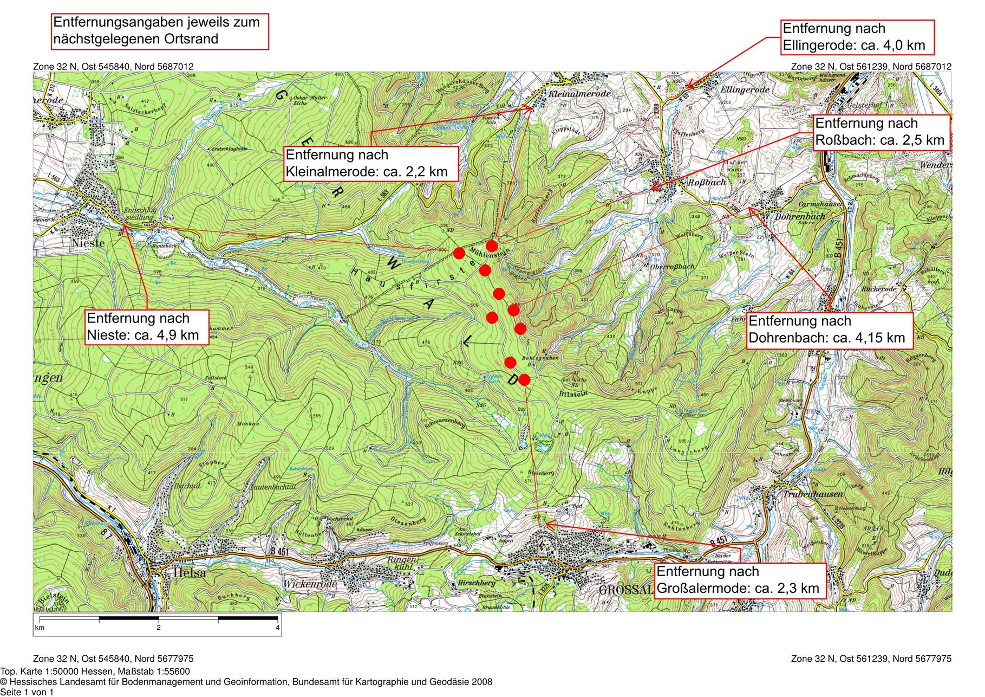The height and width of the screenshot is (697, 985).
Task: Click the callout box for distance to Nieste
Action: point(146,327)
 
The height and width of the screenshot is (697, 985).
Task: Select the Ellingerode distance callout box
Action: point(858,37)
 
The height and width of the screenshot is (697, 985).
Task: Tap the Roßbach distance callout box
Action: point(882,132)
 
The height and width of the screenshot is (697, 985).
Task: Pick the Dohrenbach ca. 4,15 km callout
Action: point(829,330)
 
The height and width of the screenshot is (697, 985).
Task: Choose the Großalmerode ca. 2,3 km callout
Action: point(740,580)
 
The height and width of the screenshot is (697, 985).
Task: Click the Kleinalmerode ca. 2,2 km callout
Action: point(371,163)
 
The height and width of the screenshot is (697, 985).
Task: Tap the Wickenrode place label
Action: point(310,584)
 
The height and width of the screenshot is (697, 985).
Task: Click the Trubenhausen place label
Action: point(812,494)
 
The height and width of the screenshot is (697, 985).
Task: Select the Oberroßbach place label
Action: point(672,267)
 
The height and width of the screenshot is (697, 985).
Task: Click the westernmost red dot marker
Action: point(459,253)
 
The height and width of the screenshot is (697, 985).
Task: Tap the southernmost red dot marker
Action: point(524,380)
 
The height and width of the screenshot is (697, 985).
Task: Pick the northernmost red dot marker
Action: point(492,246)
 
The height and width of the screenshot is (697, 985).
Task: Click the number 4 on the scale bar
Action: point(277,628)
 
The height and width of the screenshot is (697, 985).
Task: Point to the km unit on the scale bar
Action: point(40,628)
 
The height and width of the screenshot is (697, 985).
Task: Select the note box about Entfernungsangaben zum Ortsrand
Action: point(160,31)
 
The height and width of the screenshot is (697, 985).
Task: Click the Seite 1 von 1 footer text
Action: point(27,692)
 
